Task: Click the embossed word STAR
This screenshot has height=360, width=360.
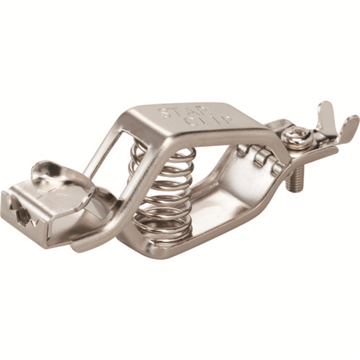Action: click(180, 110)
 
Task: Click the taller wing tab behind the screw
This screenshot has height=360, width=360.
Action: click(326, 115)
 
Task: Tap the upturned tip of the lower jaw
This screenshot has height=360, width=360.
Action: click(83, 245)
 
